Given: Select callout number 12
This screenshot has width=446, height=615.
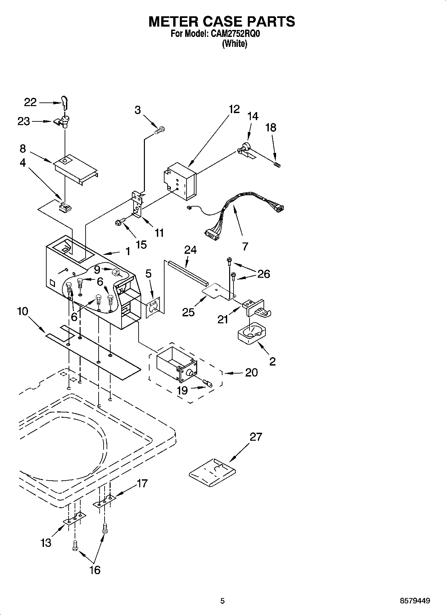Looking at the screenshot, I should (234, 109).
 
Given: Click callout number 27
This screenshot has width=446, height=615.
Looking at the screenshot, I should (256, 437).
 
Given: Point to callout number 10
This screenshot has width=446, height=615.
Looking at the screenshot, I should (23, 312).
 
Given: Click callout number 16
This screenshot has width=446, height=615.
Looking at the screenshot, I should (95, 570).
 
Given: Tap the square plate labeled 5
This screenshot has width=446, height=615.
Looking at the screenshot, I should (153, 307).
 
